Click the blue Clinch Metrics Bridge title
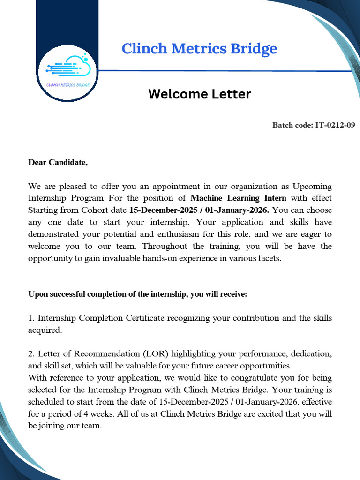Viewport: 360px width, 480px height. coord(199,49)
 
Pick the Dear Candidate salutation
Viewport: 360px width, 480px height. coord(58,163)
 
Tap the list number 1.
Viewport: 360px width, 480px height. coord(31,318)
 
